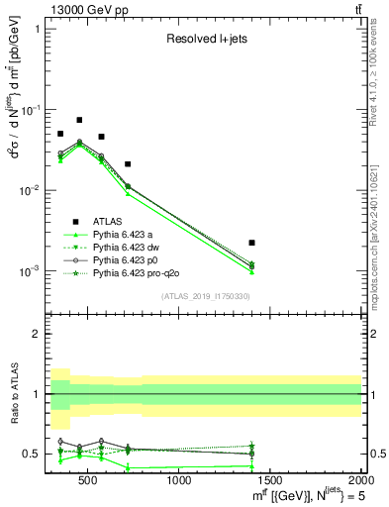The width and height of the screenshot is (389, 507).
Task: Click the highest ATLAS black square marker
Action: click(x=79, y=120)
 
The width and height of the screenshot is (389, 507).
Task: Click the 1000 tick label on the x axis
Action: click(x=180, y=482)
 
